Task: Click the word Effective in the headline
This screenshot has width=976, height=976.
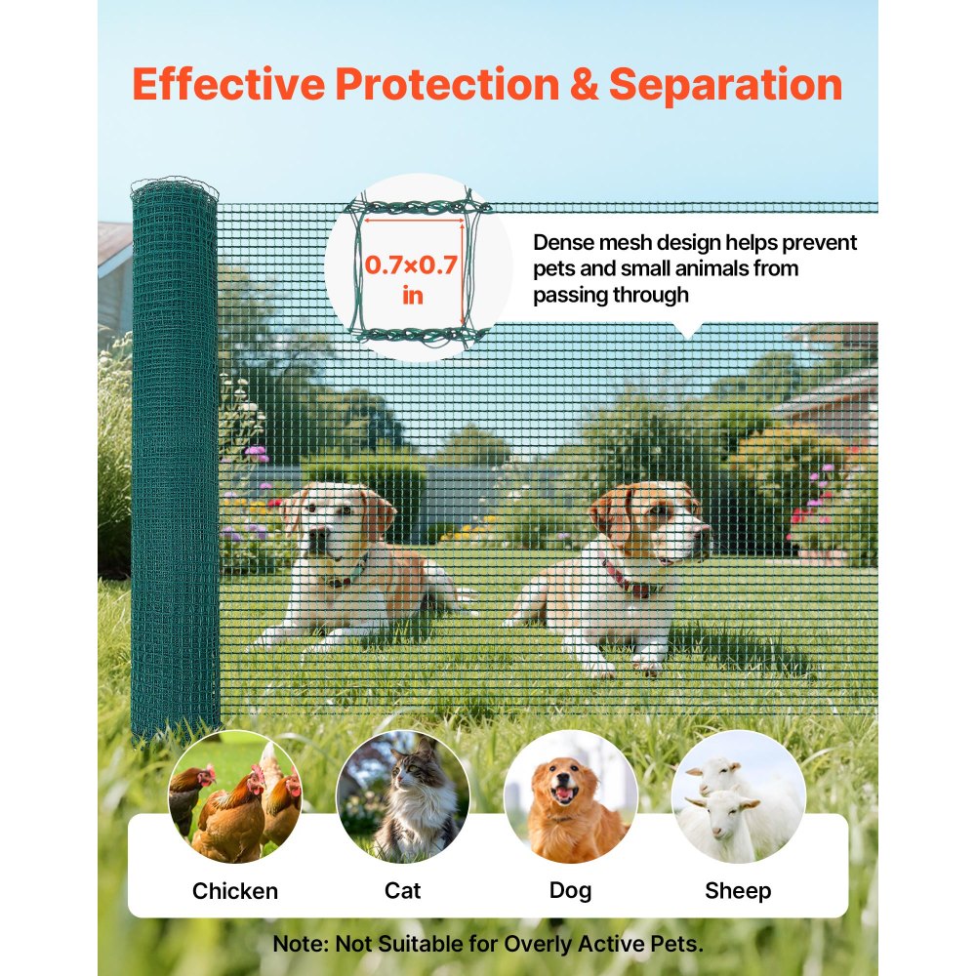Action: (229, 85)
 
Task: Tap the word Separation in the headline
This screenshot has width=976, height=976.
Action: (725, 85)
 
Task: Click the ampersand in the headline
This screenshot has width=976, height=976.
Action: (584, 85)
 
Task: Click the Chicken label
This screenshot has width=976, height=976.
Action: (235, 890)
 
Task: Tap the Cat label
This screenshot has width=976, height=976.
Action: (403, 890)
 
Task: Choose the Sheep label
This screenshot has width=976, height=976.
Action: (738, 890)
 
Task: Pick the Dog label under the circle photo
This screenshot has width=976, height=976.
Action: (570, 890)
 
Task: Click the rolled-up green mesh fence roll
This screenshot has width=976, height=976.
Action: (175, 459)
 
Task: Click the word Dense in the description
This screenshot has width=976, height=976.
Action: (560, 243)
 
